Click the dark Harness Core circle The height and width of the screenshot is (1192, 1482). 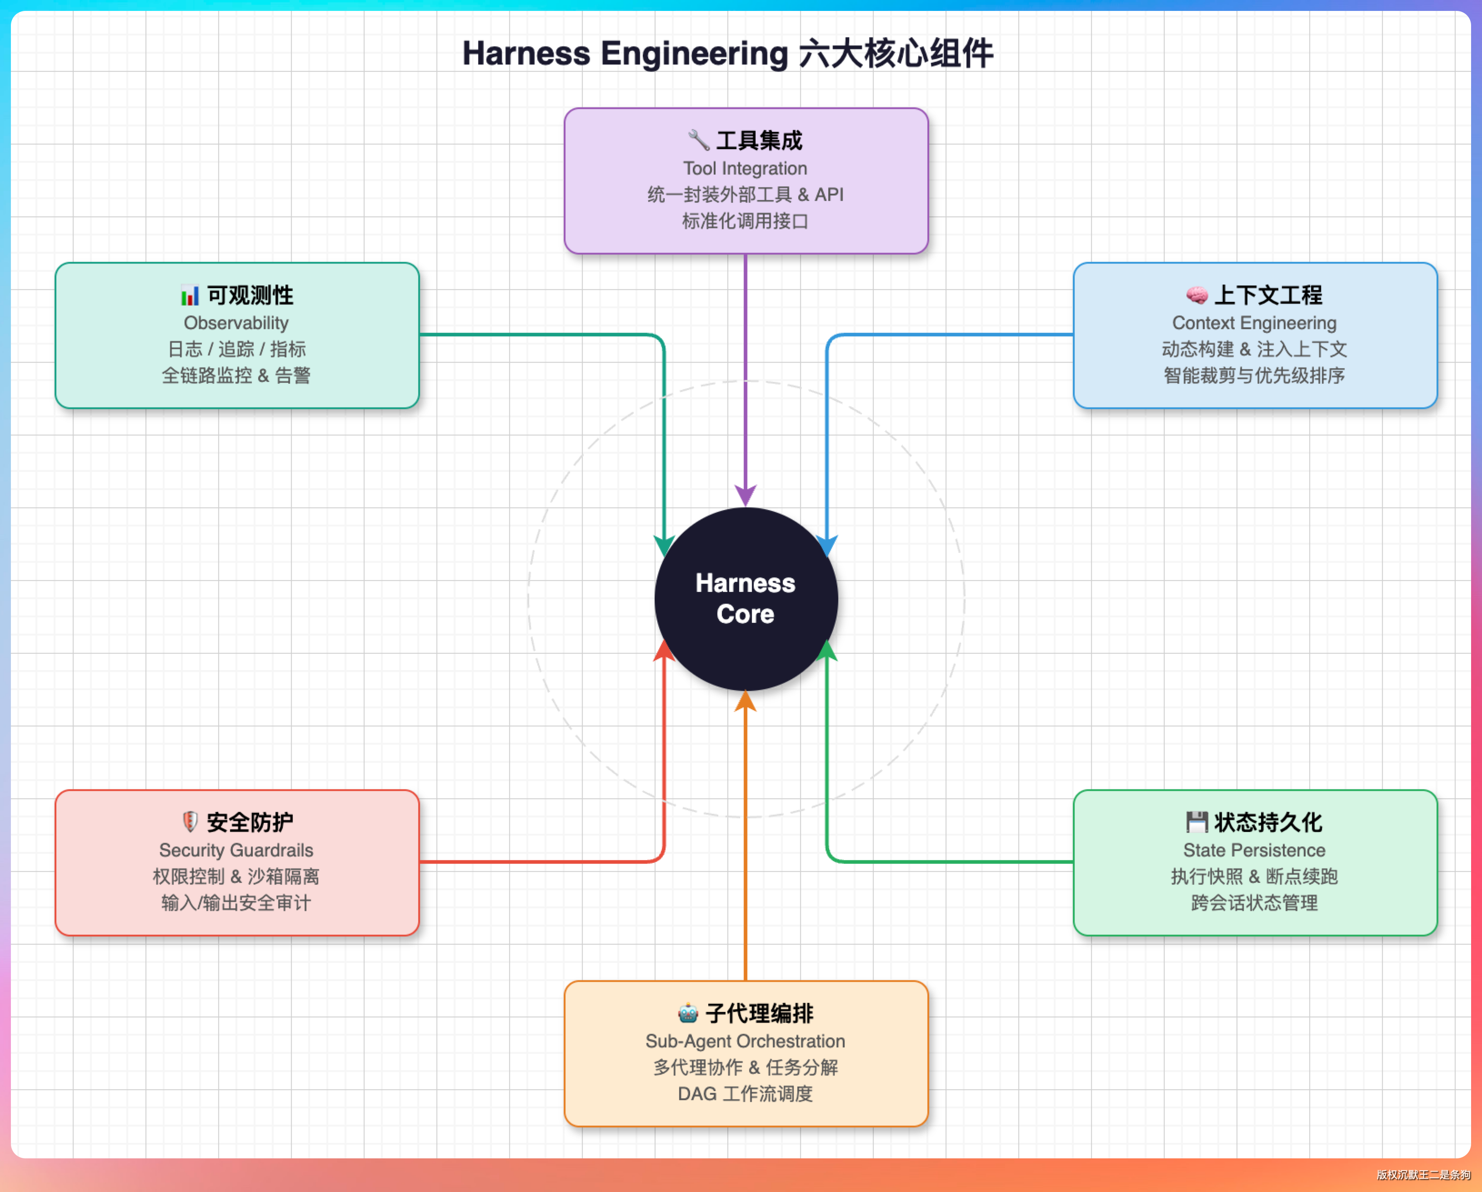746,599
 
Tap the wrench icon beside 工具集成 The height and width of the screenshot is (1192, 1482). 698,140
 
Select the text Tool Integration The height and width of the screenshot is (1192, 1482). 745,168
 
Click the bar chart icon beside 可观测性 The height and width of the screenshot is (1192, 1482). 190,295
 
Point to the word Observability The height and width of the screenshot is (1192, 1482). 236,323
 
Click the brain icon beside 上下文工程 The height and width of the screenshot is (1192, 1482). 1197,295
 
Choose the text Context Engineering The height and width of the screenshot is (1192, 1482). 1255,323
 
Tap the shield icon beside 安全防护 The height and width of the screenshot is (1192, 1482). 190,821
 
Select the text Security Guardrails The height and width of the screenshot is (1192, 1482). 236,850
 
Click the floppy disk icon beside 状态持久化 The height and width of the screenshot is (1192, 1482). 1197,821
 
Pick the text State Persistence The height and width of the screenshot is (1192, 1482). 1255,850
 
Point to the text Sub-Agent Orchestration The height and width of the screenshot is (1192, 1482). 745,1042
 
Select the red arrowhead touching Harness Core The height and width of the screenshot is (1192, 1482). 664,650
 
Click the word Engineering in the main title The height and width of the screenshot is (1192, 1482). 694,54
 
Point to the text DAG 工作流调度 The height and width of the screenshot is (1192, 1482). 745,1094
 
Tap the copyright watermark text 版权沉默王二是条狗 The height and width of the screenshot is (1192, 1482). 1423,1175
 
